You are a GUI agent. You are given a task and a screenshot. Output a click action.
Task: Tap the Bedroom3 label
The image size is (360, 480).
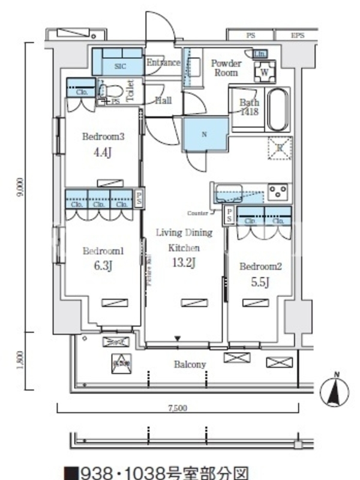tap(103, 137)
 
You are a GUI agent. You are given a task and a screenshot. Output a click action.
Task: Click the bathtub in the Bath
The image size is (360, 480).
tap(278, 109)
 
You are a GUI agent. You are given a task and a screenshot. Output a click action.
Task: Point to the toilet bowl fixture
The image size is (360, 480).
tap(114, 92)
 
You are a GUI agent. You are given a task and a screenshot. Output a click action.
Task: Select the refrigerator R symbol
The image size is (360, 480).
tap(279, 148)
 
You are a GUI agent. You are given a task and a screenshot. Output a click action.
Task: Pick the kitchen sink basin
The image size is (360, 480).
tap(229, 194)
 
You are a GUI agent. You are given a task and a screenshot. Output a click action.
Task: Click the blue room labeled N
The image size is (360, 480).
tap(205, 134)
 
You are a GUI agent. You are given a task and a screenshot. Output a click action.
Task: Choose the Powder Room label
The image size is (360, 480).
tap(226, 68)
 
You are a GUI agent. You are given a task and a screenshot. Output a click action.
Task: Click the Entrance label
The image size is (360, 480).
tap(163, 62)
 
